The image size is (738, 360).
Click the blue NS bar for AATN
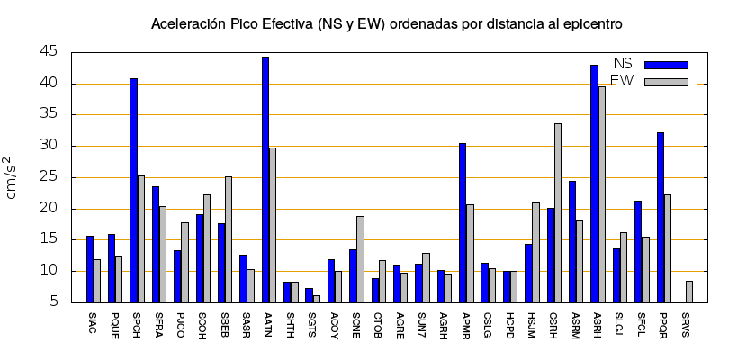pyautogui.click(x=265, y=180)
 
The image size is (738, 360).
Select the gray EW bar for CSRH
pyautogui.click(x=558, y=213)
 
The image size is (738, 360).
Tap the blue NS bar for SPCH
pyautogui.click(x=133, y=191)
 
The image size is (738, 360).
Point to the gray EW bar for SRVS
pyautogui.click(x=689, y=292)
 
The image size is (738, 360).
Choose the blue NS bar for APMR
pyautogui.click(x=463, y=223)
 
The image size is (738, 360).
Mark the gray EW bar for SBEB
pyautogui.click(x=229, y=239)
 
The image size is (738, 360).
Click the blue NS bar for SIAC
pyautogui.click(x=90, y=269)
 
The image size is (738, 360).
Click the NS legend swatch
pyautogui.click(x=666, y=65)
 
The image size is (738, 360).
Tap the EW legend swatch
pyautogui.click(x=666, y=82)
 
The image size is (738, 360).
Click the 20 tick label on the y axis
pyautogui.click(x=49, y=209)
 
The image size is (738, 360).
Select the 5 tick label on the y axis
pyautogui.click(x=53, y=302)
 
